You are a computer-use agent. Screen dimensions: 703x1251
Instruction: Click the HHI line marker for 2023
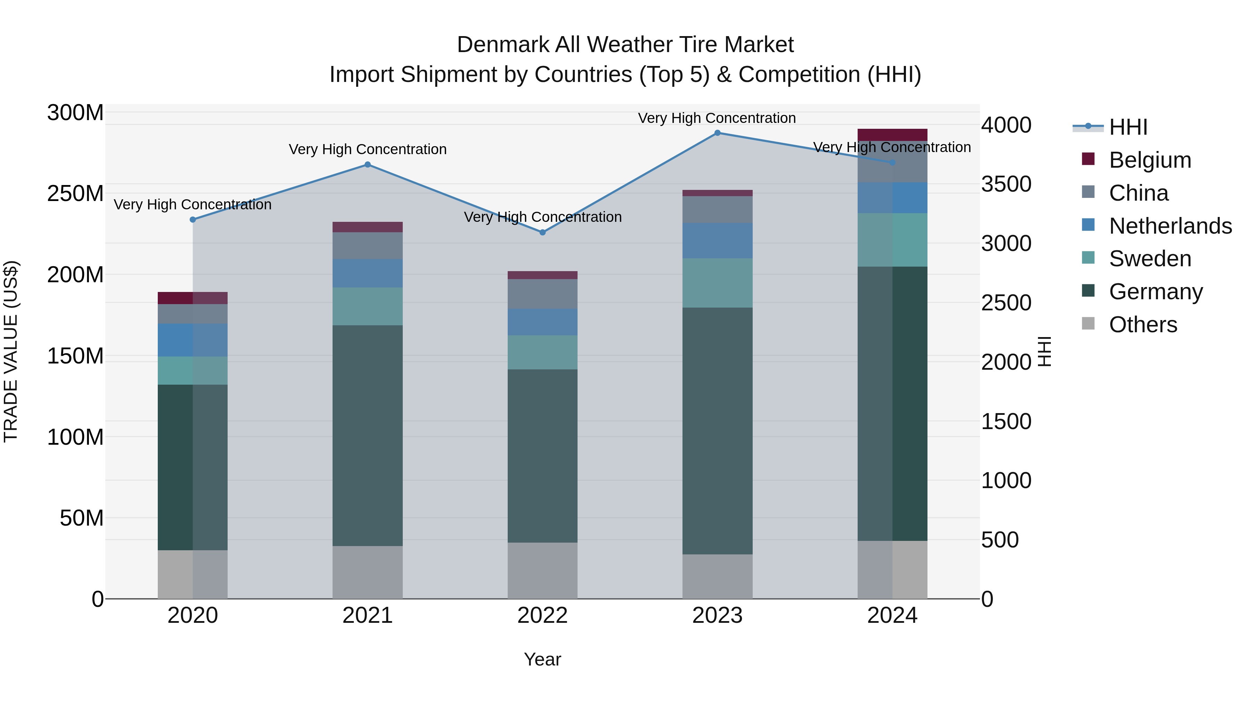pyautogui.click(x=717, y=133)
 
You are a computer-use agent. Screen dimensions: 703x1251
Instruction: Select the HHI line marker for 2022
pyautogui.click(x=542, y=232)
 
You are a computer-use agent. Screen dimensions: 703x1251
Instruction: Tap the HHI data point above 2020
pyautogui.click(x=193, y=220)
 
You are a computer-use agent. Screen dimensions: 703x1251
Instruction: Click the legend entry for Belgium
pyautogui.click(x=1150, y=160)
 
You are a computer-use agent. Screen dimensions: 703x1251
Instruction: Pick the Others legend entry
pyautogui.click(x=1143, y=325)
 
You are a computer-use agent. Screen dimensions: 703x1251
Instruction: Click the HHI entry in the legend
pyautogui.click(x=1128, y=127)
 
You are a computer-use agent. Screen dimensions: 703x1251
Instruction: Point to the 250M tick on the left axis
pyautogui.click(x=75, y=194)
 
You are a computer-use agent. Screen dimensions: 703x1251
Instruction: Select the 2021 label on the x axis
pyautogui.click(x=368, y=616)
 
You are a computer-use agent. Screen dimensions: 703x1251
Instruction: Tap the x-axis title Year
pyautogui.click(x=542, y=659)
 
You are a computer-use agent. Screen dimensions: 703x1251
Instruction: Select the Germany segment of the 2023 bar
pyautogui.click(x=717, y=431)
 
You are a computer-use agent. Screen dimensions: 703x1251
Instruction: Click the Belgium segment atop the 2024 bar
pyautogui.click(x=892, y=135)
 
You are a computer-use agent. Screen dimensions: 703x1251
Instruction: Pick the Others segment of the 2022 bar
pyautogui.click(x=542, y=570)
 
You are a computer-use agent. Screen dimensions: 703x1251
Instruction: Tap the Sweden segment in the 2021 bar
pyautogui.click(x=368, y=306)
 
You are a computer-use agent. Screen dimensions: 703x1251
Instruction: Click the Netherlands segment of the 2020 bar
pyautogui.click(x=193, y=340)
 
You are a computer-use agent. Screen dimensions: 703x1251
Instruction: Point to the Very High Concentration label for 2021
pyautogui.click(x=368, y=149)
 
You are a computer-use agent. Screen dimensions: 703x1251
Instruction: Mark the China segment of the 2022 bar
pyautogui.click(x=542, y=294)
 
